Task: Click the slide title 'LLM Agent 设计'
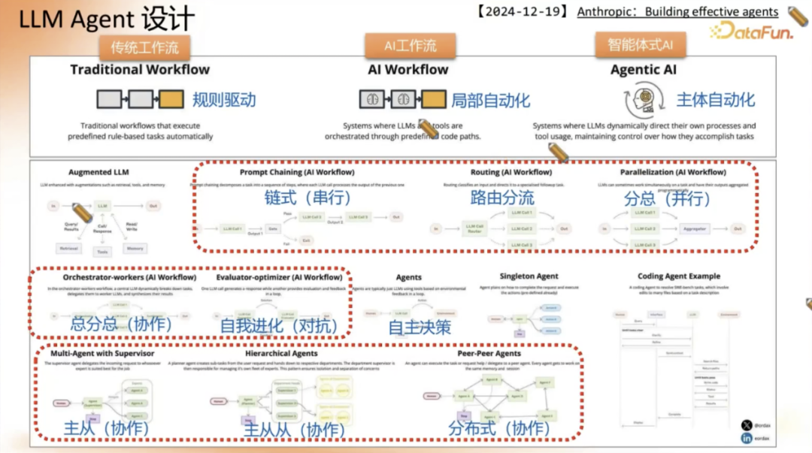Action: coord(105,20)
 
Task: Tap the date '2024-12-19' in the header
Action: coord(529,12)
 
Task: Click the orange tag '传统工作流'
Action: coord(145,47)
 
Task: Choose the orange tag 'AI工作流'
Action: coord(411,46)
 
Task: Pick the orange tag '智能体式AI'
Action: coord(640,44)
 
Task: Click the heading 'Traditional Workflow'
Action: coord(140,70)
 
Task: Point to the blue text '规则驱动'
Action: coord(223,99)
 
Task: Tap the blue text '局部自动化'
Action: coord(490,99)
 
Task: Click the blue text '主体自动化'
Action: coord(715,99)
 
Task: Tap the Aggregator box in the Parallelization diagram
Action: coord(695,228)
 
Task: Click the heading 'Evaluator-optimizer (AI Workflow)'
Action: coord(279,277)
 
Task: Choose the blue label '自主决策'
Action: coord(420,327)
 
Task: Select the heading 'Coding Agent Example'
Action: coord(678,276)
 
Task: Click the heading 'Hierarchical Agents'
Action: coord(281,353)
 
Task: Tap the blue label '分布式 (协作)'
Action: coord(498,427)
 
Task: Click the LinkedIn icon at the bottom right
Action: coord(747,438)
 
